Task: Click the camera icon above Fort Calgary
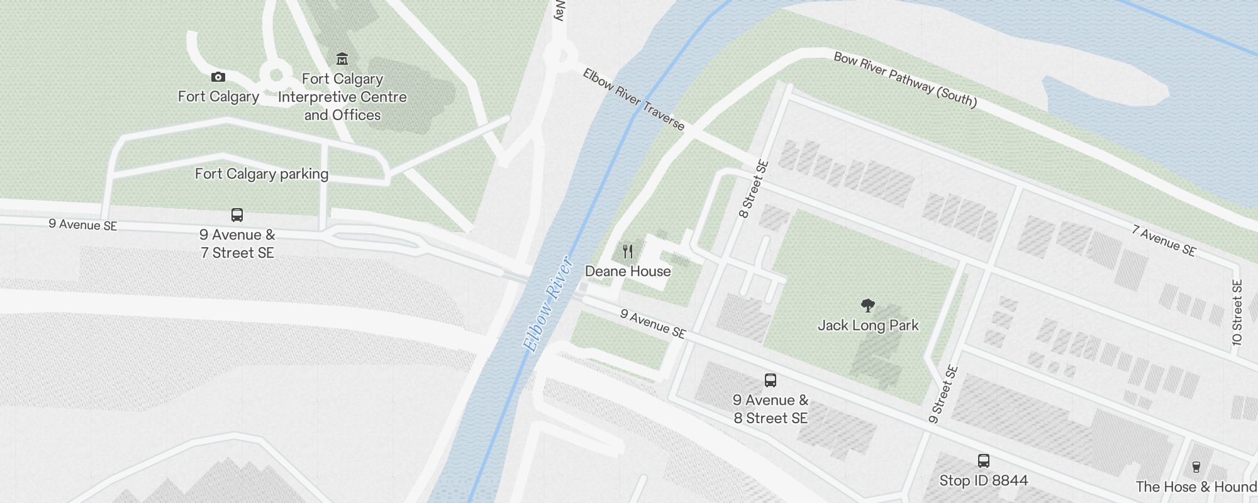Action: pos(218,77)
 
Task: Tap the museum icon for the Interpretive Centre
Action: pos(342,59)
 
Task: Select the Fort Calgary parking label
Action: pos(262,174)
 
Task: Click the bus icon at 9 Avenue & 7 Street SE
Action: pos(237,215)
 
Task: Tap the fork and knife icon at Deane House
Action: pos(627,252)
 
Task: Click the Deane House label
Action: pos(628,271)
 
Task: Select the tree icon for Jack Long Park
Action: pos(868,306)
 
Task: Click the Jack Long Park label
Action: pos(868,325)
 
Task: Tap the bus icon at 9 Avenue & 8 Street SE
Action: pos(771,380)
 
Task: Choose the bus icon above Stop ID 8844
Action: pos(984,461)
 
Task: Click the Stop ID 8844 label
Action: pos(984,480)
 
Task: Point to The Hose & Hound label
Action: pos(1196,487)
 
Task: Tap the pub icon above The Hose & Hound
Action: pos(1196,467)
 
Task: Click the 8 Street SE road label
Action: pos(754,189)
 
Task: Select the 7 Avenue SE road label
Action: pos(1164,241)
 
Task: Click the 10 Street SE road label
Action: pos(1237,312)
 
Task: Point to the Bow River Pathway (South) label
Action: pos(905,80)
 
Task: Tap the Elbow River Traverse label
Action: pos(633,99)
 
